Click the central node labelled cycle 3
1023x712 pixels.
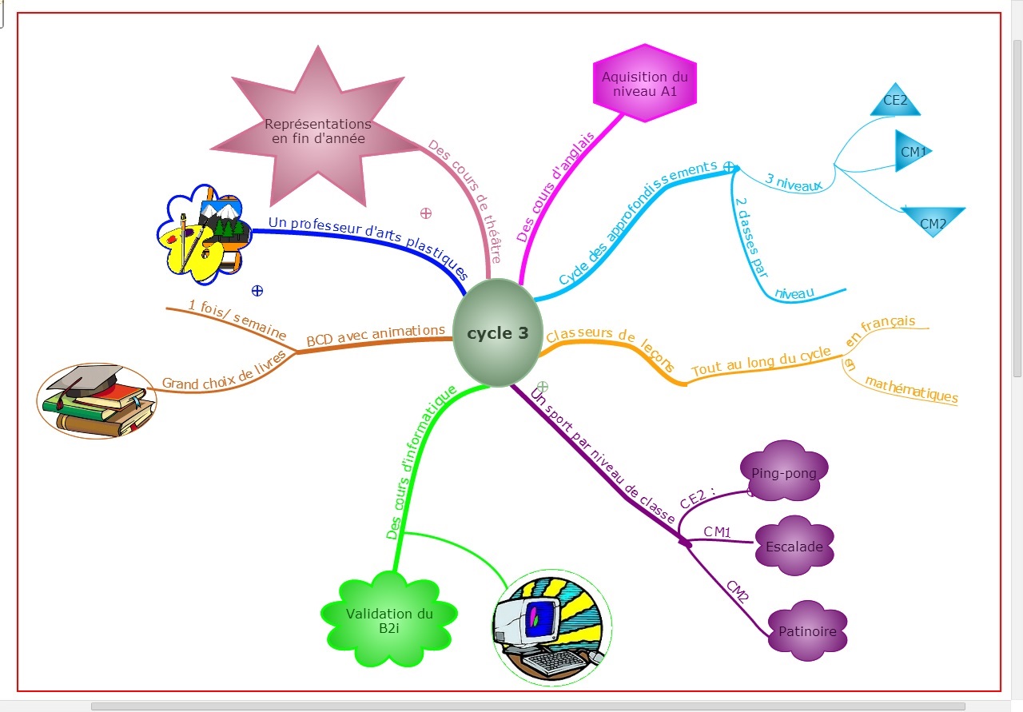497,333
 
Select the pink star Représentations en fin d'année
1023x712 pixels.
318,132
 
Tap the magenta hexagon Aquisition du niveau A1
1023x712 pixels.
644,83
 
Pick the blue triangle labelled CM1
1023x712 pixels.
911,151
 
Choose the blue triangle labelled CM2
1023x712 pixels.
933,221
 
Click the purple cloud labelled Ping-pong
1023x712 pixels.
784,472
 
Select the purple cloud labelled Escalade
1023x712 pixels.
794,547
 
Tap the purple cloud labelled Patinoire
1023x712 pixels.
807,630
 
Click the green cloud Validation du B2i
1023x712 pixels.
389,621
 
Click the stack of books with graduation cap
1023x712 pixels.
97,401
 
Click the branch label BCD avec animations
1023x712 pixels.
376,336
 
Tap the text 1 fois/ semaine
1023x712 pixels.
237,319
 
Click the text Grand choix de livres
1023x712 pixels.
224,375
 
